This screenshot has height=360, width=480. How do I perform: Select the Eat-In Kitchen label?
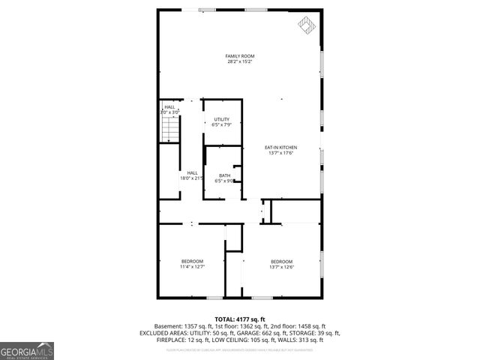click(x=281, y=147)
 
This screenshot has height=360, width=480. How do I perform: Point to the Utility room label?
click(x=221, y=119)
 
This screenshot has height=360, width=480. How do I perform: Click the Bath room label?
click(x=225, y=175)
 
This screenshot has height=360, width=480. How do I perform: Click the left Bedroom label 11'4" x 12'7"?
click(x=193, y=261)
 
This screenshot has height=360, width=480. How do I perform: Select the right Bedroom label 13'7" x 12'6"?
click(x=282, y=261)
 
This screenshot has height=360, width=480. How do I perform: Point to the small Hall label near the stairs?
click(x=170, y=107)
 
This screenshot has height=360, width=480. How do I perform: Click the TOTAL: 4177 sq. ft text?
click(x=239, y=319)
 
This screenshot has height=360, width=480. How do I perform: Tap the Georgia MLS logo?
click(x=27, y=351)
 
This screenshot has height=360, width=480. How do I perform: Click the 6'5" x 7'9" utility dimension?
click(x=221, y=124)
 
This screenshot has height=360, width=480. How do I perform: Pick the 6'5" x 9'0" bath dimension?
click(x=225, y=181)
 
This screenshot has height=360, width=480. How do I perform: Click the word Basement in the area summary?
click(x=167, y=326)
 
